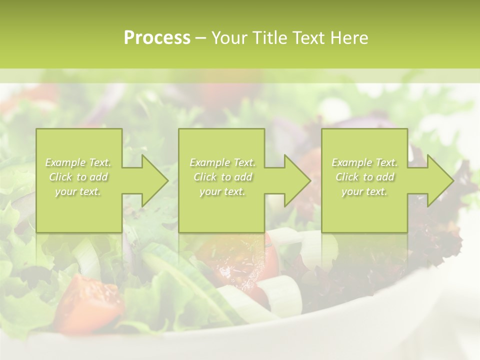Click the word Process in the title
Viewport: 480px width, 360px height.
(x=157, y=38)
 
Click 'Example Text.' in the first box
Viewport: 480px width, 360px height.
(x=78, y=162)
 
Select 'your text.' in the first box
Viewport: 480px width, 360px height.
(x=78, y=191)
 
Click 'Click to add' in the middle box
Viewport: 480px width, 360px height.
(x=222, y=177)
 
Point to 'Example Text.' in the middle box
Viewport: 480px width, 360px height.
(x=222, y=162)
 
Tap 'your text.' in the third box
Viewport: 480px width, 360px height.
(x=364, y=191)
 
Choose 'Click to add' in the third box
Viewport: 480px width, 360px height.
(x=364, y=177)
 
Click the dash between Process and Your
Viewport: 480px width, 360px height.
(x=200, y=38)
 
